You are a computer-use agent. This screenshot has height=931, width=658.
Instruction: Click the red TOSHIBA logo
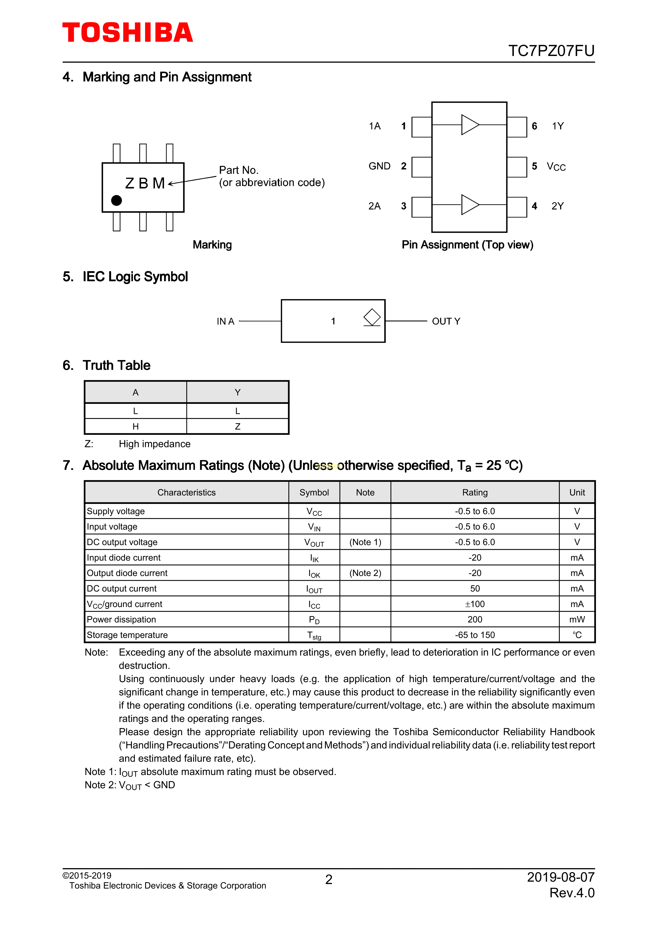(127, 33)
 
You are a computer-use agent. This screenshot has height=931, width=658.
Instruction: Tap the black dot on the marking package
(116, 200)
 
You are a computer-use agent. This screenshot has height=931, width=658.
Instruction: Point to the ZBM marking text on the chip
(145, 183)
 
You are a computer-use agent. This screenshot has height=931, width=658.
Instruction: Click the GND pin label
(379, 166)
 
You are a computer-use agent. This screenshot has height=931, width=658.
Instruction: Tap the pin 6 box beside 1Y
(517, 127)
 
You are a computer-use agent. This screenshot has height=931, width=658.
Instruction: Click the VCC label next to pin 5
(556, 167)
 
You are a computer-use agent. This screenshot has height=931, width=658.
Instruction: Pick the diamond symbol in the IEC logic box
(372, 317)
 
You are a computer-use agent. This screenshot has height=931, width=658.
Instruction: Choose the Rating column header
(475, 492)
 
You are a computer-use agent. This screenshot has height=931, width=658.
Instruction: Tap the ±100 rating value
(475, 604)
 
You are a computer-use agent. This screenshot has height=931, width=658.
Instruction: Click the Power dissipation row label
(121, 620)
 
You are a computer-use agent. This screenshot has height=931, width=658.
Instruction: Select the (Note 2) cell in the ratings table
(365, 573)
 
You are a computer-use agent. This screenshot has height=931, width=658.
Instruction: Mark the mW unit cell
(577, 620)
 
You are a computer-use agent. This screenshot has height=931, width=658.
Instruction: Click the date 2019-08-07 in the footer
(560, 877)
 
